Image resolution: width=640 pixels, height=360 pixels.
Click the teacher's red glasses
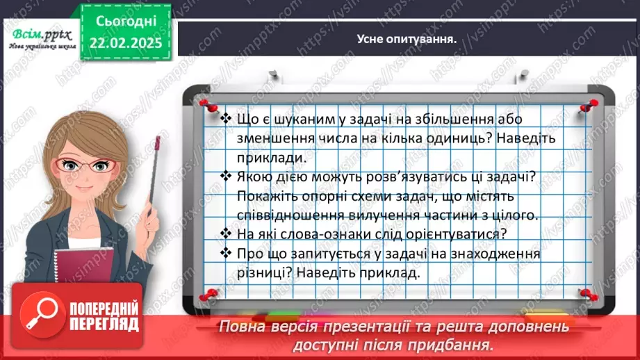[88, 166]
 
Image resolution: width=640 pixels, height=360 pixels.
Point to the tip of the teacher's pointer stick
[159, 141]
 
